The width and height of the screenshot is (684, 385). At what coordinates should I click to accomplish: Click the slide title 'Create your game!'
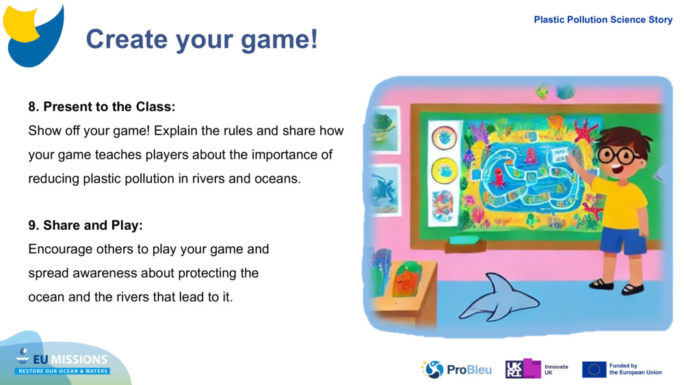pos(202,39)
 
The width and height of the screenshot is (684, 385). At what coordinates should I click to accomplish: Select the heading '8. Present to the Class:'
pos(102,107)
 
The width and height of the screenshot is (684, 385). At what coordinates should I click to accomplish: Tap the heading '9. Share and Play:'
pos(85,225)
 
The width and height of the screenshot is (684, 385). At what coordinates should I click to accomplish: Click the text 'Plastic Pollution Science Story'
pos(603,20)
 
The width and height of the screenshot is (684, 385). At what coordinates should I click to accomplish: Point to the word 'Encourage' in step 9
pos(60,249)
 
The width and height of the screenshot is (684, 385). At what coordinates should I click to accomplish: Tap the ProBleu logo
pos(456,369)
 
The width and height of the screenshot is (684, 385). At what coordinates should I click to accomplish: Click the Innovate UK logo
pos(537,369)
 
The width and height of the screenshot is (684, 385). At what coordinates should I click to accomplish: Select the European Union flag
pos(594,369)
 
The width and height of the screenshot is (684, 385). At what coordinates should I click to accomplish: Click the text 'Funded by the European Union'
pos(635,369)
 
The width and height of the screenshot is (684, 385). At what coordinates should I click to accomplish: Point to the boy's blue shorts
pos(622,241)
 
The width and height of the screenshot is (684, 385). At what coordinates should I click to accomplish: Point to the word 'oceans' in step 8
pos(281,178)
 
